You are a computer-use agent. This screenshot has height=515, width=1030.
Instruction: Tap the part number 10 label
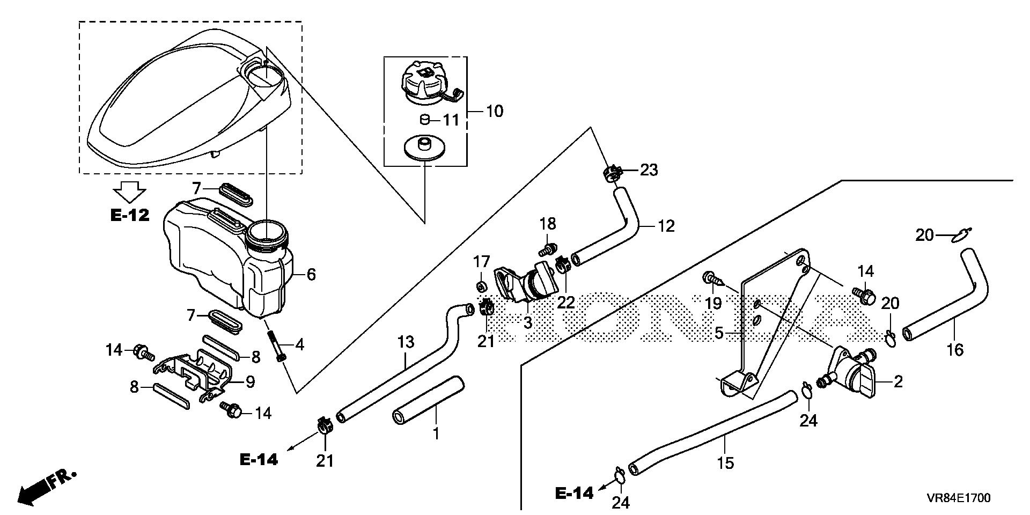pos(494,112)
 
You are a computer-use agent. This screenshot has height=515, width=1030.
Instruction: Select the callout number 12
pos(666,226)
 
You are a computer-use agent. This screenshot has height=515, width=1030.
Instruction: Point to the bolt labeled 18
pos(547,249)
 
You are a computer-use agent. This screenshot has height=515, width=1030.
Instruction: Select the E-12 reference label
pos(130,216)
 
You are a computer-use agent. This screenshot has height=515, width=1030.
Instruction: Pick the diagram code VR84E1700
pos(958,498)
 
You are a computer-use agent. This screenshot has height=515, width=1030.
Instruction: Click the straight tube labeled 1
pos(428,402)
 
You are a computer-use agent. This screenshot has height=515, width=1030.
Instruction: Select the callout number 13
pos(406,342)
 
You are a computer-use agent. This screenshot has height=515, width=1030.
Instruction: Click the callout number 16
pos(955,350)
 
